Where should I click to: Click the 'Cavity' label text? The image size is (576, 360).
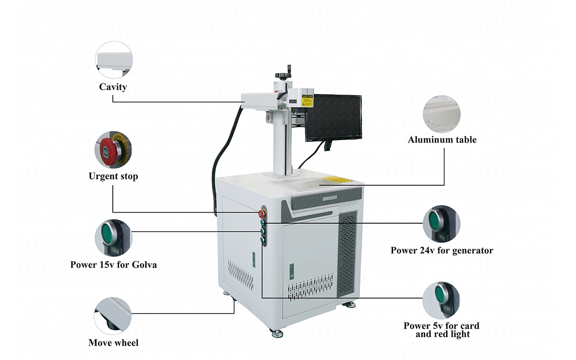(113, 87)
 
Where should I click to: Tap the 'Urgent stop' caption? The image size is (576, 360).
(113, 176)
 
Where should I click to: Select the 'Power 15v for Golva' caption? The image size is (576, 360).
(113, 264)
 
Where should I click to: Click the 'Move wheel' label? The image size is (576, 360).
(113, 343)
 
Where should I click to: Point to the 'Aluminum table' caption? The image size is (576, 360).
(442, 140)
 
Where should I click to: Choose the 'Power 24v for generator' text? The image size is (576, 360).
(442, 250)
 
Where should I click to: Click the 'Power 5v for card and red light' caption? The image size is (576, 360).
(442, 330)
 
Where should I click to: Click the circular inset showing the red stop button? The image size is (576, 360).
(113, 149)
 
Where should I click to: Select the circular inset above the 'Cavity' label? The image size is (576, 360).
(114, 60)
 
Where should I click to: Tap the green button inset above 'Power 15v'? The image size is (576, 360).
(113, 237)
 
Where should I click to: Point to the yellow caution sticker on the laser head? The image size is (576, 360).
(307, 101)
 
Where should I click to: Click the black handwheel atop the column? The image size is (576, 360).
(284, 75)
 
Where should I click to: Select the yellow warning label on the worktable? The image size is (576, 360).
(337, 180)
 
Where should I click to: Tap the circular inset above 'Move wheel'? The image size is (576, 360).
(113, 315)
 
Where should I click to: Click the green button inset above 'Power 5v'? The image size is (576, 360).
(441, 300)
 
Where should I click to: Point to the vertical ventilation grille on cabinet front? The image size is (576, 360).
(348, 254)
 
